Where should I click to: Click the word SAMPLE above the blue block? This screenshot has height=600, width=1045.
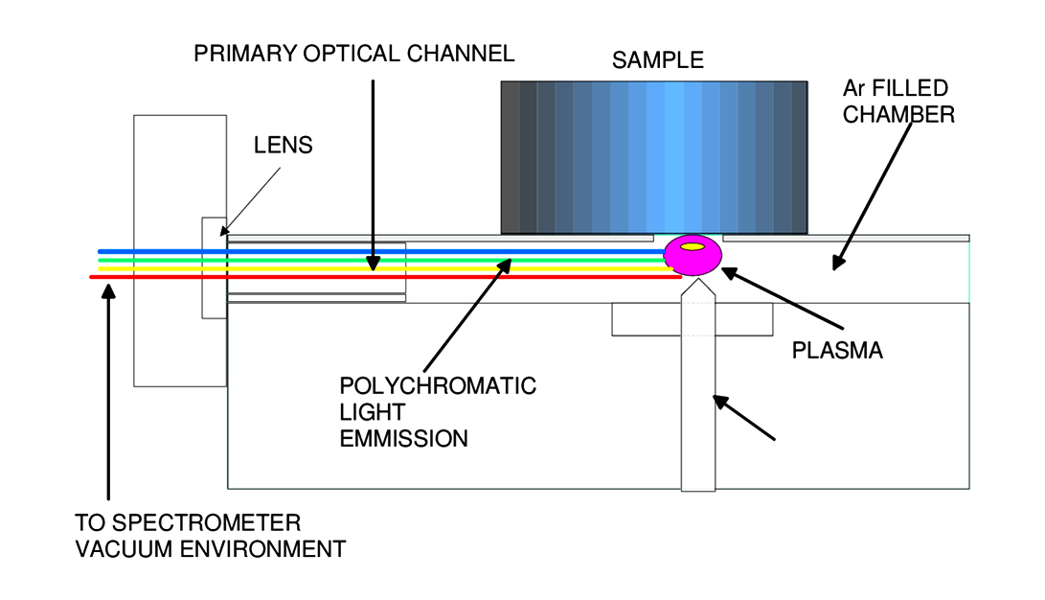click(x=658, y=60)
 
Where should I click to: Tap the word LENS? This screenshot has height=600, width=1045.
click(x=284, y=147)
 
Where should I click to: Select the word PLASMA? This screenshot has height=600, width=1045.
click(x=837, y=351)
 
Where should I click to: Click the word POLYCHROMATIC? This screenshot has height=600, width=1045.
click(x=438, y=387)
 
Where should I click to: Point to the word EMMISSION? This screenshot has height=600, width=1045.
click(x=404, y=439)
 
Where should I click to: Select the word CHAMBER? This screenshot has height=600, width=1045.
click(x=898, y=115)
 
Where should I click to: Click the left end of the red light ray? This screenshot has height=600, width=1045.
click(x=92, y=277)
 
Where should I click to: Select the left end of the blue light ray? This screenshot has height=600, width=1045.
click(x=101, y=251)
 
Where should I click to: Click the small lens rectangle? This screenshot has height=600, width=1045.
click(x=214, y=266)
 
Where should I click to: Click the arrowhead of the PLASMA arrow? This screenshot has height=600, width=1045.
click(x=728, y=273)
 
